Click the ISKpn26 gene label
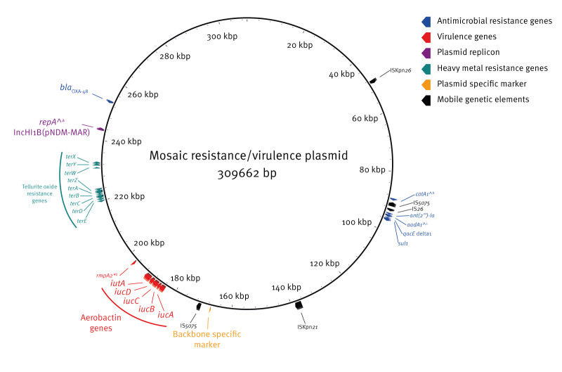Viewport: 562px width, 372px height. (405, 70)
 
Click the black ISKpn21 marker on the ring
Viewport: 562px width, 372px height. (299, 304)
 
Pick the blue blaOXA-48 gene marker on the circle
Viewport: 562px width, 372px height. (110, 101)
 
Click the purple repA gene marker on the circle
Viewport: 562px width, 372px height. (100, 129)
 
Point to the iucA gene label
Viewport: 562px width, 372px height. (166, 314)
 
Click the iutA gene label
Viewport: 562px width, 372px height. (117, 283)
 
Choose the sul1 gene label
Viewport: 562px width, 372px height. (403, 243)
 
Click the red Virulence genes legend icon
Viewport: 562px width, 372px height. (419, 37)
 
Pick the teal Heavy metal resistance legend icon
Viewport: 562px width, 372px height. (419, 68)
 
